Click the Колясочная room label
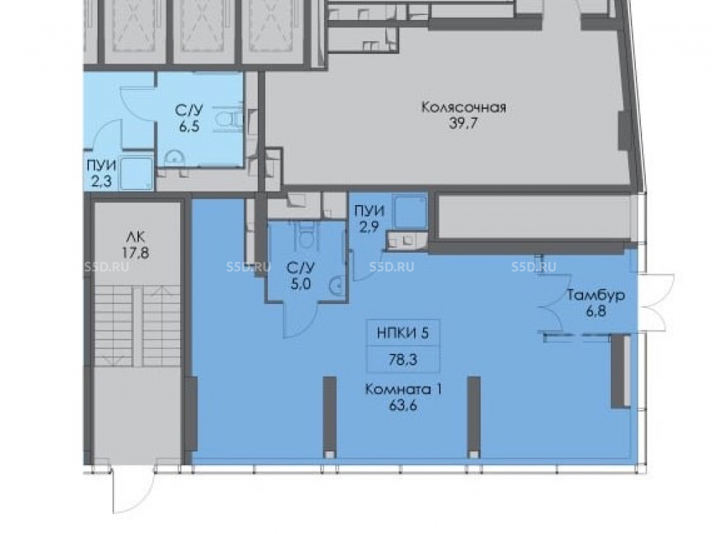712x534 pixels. (464, 108)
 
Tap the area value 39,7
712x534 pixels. (464, 123)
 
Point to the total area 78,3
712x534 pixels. (403, 360)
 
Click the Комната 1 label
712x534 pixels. (404, 389)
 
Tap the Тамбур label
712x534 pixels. (596, 295)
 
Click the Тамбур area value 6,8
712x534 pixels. (596, 312)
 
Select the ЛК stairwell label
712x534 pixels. (136, 236)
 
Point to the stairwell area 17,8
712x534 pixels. (135, 253)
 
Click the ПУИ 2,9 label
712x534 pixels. (369, 219)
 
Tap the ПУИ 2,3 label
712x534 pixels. (101, 174)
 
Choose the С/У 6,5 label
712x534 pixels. (189, 117)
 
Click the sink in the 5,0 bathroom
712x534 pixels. (337, 286)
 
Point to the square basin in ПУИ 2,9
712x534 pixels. (410, 211)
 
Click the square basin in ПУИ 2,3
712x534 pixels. (137, 173)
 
